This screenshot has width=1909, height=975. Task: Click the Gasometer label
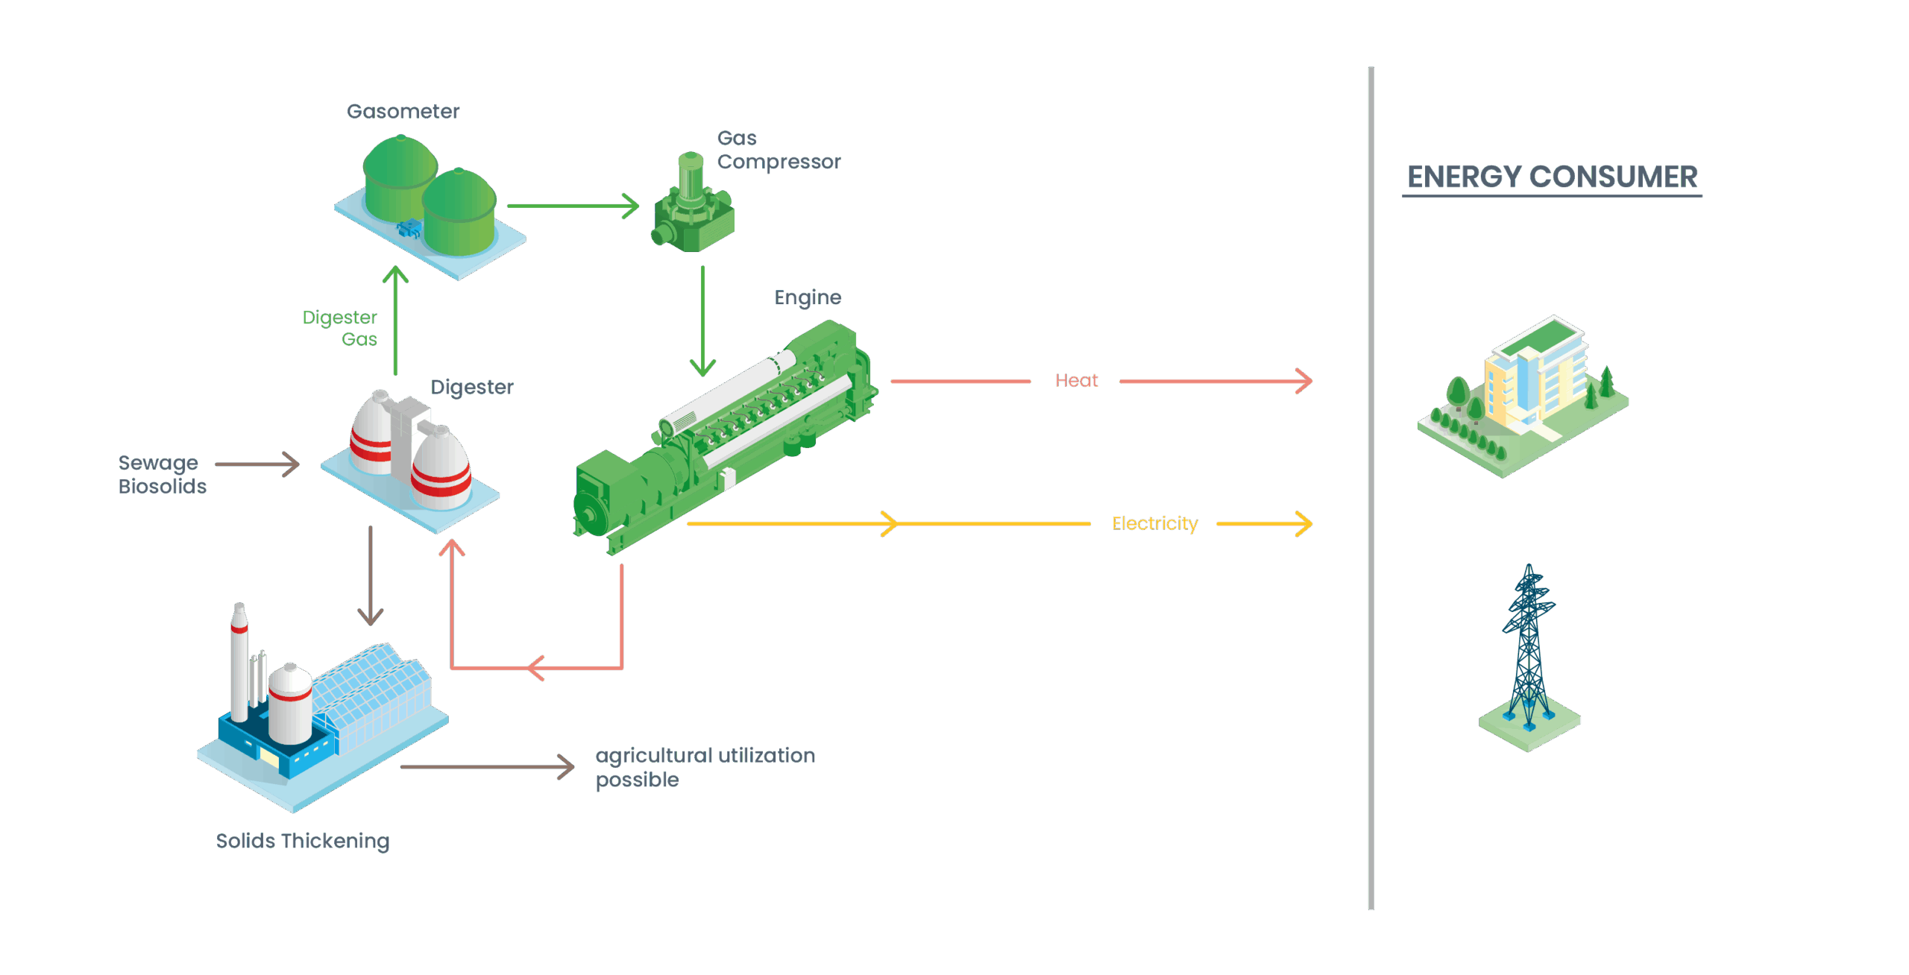(x=403, y=112)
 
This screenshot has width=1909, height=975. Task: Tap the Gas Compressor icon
(x=693, y=205)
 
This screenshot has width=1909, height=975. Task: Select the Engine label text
(x=808, y=297)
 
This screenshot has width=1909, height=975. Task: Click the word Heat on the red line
(x=1076, y=381)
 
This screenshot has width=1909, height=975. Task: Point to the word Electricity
(x=1154, y=523)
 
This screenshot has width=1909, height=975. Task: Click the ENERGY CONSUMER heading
(x=1552, y=177)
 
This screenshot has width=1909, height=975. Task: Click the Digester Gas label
(x=341, y=328)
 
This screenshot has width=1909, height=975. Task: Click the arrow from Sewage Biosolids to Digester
(x=257, y=464)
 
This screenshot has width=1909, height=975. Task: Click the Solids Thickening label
(x=302, y=841)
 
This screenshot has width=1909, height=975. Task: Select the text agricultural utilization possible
(x=704, y=767)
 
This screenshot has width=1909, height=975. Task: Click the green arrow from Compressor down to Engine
(x=702, y=321)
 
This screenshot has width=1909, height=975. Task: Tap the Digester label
(x=471, y=387)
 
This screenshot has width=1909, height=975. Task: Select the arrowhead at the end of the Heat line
(x=1303, y=381)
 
